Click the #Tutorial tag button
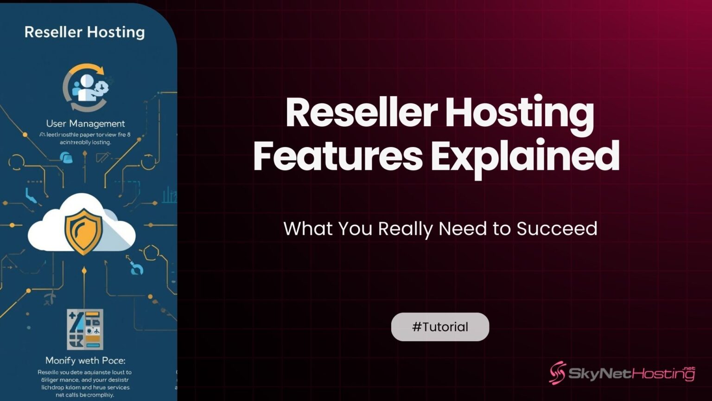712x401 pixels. point(440,327)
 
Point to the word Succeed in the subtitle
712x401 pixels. point(557,229)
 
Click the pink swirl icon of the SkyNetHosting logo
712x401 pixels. point(558,373)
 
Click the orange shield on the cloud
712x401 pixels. point(83,231)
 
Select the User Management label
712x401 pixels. point(85,123)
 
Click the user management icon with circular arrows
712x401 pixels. point(86,87)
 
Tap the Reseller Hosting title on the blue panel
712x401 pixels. point(84,32)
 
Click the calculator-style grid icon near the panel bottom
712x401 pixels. point(85,329)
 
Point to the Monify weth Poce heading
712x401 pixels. point(85,360)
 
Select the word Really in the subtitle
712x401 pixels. point(405,229)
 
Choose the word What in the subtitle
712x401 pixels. point(308,229)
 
